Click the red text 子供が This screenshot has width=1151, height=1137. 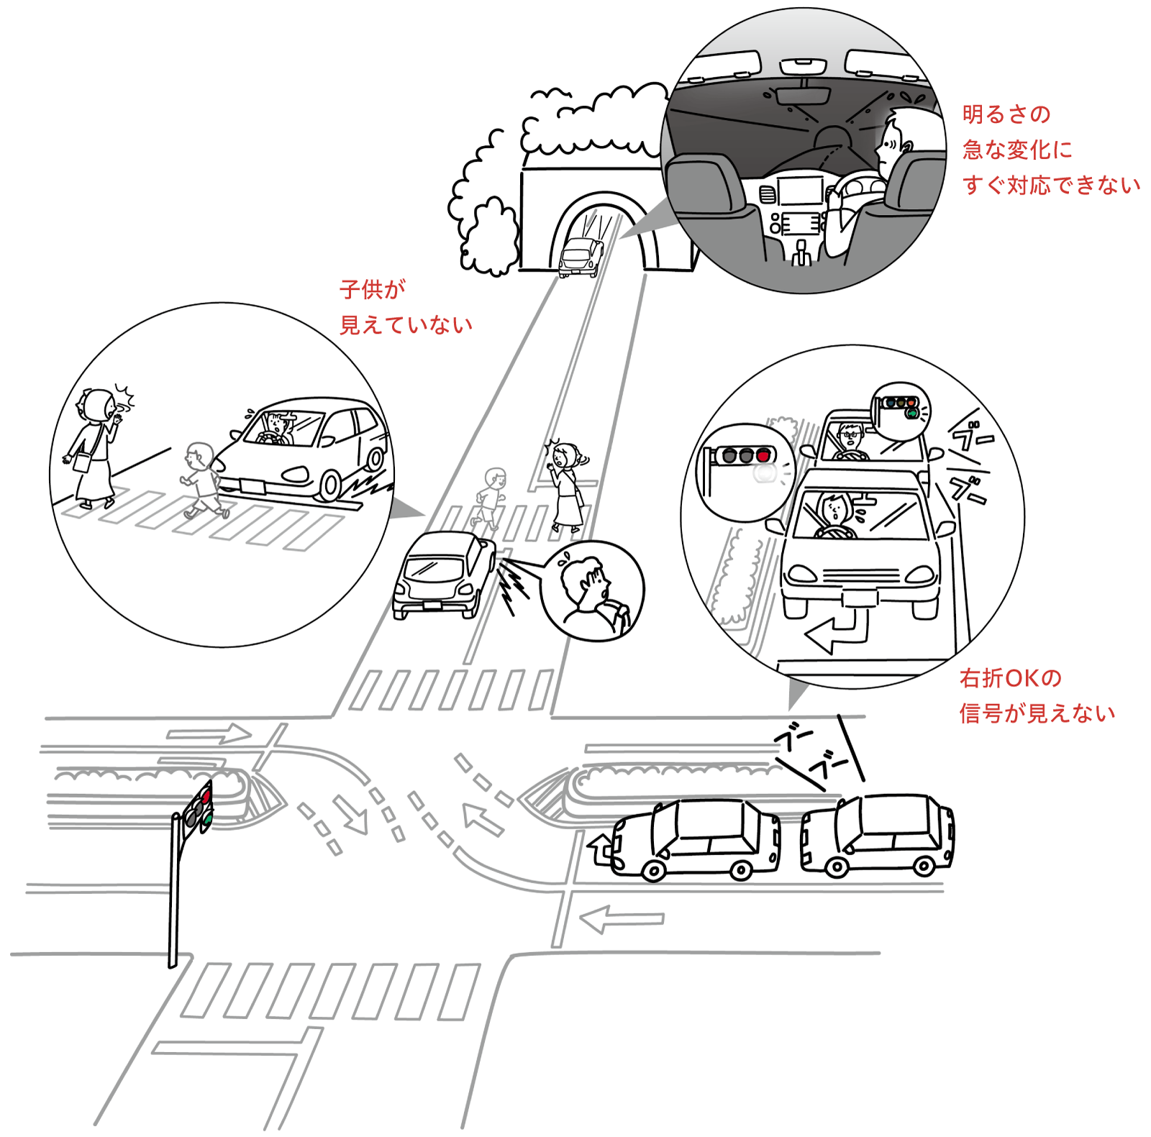[373, 289]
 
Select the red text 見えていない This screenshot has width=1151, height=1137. [406, 325]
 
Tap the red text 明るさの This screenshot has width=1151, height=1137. [1006, 114]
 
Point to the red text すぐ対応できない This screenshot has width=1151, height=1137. [1052, 186]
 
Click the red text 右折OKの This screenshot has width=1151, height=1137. [1010, 677]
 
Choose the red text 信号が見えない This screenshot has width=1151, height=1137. [1037, 713]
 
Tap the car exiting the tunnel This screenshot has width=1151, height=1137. [581, 257]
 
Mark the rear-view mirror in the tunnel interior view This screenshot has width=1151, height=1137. [803, 96]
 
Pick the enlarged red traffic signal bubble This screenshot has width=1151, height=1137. [745, 471]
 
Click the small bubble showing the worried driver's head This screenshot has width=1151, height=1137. [591, 590]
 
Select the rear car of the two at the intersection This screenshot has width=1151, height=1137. [878, 834]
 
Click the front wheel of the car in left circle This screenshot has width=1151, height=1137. [330, 485]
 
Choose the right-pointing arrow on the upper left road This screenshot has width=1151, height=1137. [209, 734]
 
